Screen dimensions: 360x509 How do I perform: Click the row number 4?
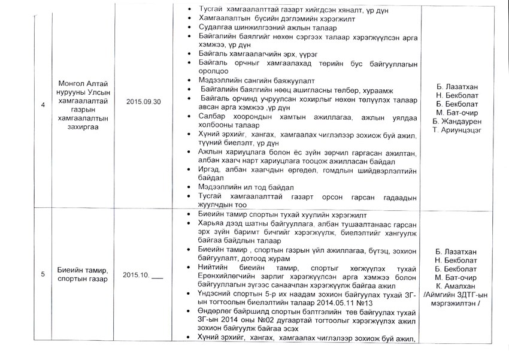(x=43, y=106)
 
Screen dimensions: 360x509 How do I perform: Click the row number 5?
(x=43, y=274)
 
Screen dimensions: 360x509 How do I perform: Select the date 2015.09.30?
(x=144, y=102)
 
